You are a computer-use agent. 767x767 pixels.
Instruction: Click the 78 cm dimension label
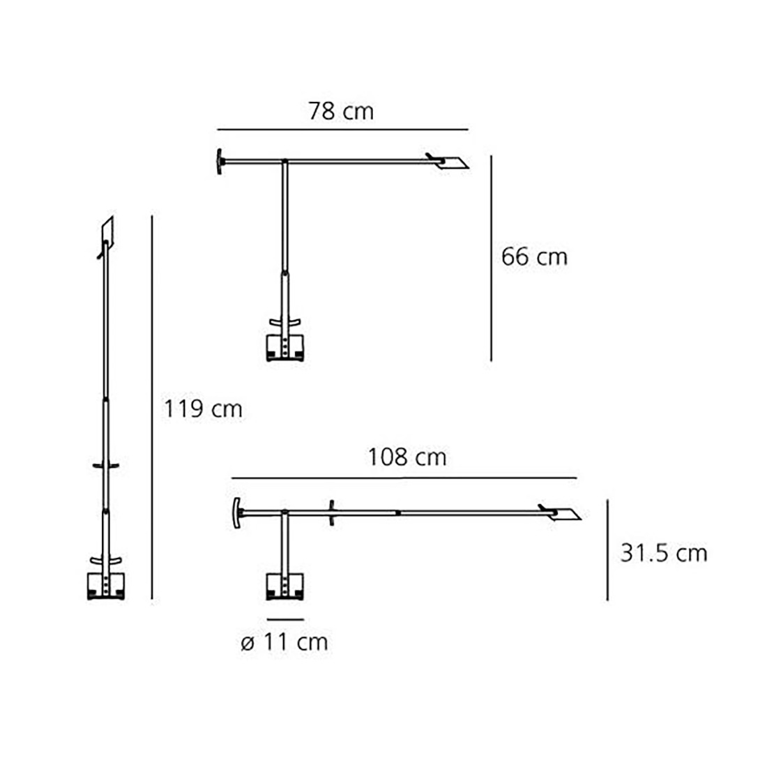point(341,111)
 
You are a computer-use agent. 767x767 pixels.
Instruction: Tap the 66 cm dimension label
point(534,257)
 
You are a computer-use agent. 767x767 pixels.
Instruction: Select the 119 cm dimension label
point(202,409)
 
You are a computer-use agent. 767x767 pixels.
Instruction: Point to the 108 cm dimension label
point(407,457)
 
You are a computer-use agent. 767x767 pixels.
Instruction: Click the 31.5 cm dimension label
point(664,553)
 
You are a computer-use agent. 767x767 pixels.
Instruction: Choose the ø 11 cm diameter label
point(284,642)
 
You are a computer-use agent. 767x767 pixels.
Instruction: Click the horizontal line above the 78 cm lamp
point(343,130)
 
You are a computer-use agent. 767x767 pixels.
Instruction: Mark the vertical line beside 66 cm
point(491,258)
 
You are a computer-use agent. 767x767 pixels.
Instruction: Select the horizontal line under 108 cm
point(404,478)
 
